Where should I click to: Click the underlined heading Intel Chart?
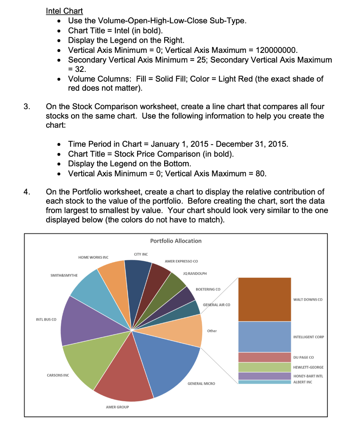point(64,11)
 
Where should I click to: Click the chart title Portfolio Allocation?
point(176,241)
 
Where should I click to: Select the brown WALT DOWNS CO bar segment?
point(264,299)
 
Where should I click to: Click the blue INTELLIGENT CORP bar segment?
point(264,337)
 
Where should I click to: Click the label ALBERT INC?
point(302,382)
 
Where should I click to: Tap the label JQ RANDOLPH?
point(195,274)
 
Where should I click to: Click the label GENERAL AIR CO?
point(217,304)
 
